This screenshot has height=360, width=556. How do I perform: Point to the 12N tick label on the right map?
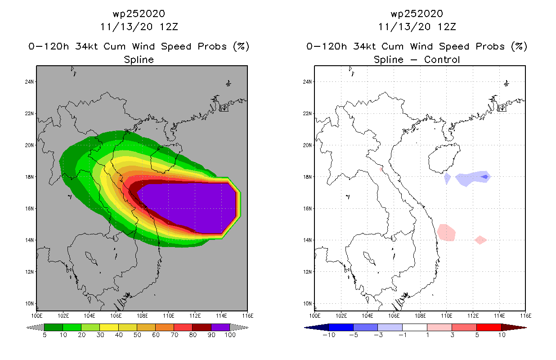[x=308, y=272]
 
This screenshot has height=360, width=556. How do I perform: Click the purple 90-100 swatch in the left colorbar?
[x=220, y=327]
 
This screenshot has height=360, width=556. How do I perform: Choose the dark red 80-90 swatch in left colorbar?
[x=202, y=327]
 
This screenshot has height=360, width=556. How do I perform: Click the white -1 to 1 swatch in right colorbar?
[x=414, y=327]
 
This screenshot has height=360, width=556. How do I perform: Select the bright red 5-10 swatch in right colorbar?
[x=489, y=327]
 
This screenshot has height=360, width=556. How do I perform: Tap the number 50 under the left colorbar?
[x=137, y=335]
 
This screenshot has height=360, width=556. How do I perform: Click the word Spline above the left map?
[x=139, y=59]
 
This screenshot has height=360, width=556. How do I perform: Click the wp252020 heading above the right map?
[x=417, y=14]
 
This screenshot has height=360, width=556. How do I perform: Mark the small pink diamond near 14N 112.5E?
[x=480, y=239]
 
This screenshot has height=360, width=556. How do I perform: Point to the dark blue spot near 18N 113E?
[x=484, y=177]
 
